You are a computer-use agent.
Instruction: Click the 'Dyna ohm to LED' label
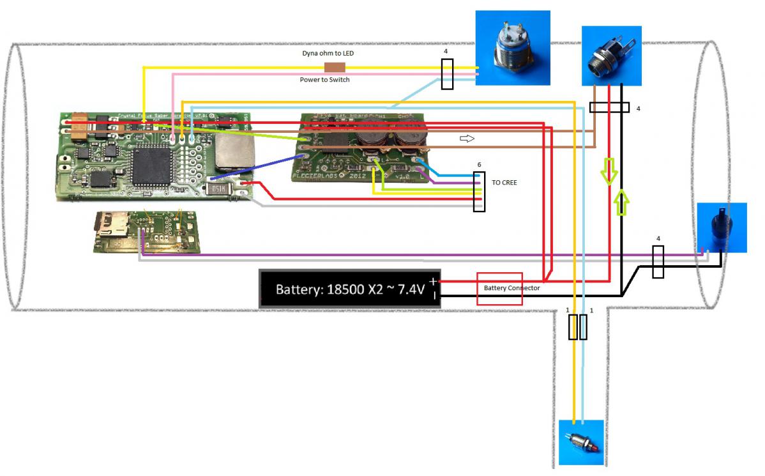328,54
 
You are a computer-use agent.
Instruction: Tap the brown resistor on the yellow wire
335,67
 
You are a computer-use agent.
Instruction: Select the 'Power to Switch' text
324,80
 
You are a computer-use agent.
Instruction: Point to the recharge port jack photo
611,56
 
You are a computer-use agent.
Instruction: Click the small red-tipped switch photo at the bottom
580,442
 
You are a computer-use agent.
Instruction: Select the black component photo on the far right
721,227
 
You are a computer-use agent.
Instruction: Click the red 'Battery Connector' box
499,289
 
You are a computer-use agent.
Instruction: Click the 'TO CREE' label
504,182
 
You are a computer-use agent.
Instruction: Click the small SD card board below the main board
147,232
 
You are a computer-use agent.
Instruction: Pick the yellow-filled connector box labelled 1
573,326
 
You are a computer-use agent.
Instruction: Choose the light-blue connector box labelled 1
583,326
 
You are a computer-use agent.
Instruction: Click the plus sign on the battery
434,281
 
